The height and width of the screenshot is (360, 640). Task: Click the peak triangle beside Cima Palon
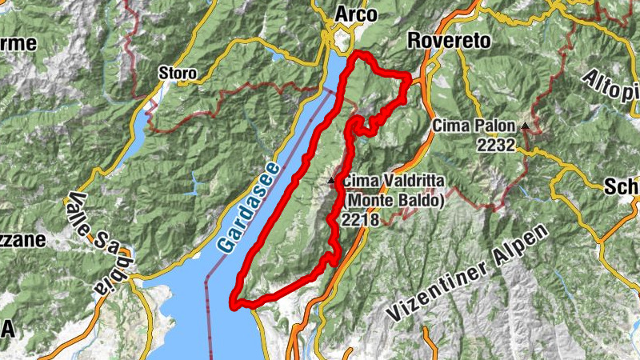(x=525, y=126)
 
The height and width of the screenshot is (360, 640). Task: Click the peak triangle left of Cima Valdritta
(x=331, y=181)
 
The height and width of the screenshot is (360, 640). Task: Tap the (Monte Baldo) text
(x=392, y=200)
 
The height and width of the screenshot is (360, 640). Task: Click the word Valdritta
(x=409, y=181)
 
